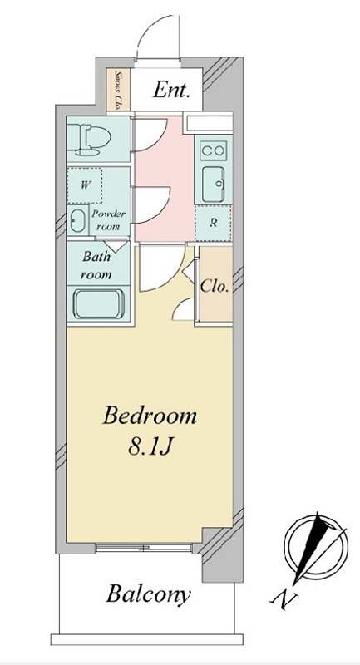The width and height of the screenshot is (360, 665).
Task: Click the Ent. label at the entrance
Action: tap(171, 90)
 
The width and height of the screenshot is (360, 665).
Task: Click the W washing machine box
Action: tap(85, 185)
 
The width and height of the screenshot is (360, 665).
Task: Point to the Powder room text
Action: tap(108, 219)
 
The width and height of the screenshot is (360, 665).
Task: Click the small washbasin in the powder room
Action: tap(77, 221)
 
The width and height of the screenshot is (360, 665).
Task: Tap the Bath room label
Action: tap(96, 265)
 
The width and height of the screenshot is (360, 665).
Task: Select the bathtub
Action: tap(99, 303)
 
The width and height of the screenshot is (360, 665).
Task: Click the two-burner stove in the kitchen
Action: tap(214, 150)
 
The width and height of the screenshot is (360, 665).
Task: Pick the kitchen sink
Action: tap(215, 184)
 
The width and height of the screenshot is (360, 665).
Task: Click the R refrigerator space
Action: tap(214, 223)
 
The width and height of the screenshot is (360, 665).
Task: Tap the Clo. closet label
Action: tap(215, 287)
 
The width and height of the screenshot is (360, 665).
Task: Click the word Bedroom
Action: tap(150, 416)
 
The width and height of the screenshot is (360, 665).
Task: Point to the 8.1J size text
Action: tap(149, 447)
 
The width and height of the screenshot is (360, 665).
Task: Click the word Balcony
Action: tap(148, 595)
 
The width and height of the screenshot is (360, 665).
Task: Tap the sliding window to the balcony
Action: tap(144, 548)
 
